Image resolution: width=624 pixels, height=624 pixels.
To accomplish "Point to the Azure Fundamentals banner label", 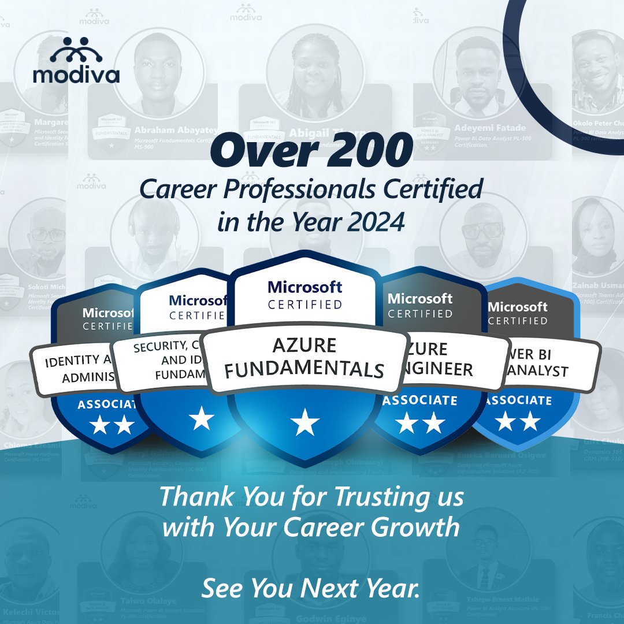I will click(304, 358).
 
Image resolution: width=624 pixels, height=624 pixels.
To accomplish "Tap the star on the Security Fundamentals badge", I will click(202, 418).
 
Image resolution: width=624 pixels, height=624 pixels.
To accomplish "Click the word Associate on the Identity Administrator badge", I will click(106, 404).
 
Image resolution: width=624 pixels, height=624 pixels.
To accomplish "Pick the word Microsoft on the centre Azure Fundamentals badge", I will click(304, 287).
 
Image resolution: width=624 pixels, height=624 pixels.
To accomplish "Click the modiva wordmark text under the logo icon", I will click(76, 76).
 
